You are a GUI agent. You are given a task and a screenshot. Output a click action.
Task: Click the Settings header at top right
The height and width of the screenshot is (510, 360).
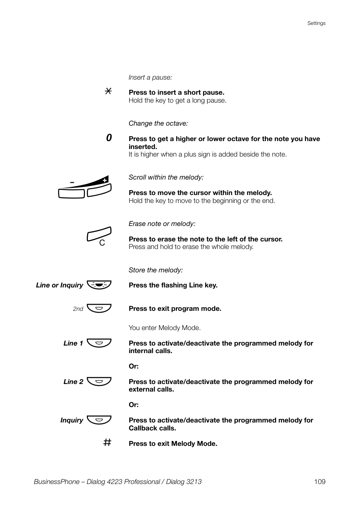pos(316,23)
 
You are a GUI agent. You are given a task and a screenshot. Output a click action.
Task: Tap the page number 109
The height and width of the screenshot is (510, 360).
pos(319,482)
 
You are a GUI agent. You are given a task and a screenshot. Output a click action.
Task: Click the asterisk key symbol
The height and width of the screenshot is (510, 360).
pos(108,91)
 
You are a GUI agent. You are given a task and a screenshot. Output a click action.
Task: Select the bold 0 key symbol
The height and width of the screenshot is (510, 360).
pos(109,138)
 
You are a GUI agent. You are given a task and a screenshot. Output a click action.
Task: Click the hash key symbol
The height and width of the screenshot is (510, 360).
pos(108,442)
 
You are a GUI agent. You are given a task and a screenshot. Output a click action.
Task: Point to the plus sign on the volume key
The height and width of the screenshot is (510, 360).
pos(105,180)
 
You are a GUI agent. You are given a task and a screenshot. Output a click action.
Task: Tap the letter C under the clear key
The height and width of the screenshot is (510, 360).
pos(102,243)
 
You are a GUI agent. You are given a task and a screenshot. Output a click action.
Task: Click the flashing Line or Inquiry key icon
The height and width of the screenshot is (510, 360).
pos(99,285)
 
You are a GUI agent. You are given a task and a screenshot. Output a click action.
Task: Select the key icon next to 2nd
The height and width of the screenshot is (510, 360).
pos(99,308)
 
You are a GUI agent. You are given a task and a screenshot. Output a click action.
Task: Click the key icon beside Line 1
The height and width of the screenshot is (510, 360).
pos(99,343)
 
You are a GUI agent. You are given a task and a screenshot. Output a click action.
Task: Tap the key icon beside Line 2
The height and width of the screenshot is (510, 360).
pos(99,381)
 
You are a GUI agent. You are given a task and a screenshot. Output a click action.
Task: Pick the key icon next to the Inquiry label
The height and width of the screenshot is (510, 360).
pos(99,420)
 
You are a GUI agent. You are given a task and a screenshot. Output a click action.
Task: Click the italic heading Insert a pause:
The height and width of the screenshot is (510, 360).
pos(150,77)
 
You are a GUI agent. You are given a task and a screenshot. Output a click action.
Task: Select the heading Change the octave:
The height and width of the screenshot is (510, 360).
pos(158,123)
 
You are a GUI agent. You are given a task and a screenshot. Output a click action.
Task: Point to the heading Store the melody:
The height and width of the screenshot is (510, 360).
pos(155,270)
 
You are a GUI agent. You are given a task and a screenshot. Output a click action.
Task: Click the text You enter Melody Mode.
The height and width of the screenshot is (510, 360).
pos(165,328)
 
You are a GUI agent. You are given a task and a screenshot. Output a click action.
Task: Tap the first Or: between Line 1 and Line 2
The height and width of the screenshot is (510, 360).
pos(134,366)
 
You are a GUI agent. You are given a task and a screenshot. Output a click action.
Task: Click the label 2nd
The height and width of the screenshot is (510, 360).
pos(78,309)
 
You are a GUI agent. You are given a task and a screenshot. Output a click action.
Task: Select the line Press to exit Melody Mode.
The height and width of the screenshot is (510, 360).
pos(173,444)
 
